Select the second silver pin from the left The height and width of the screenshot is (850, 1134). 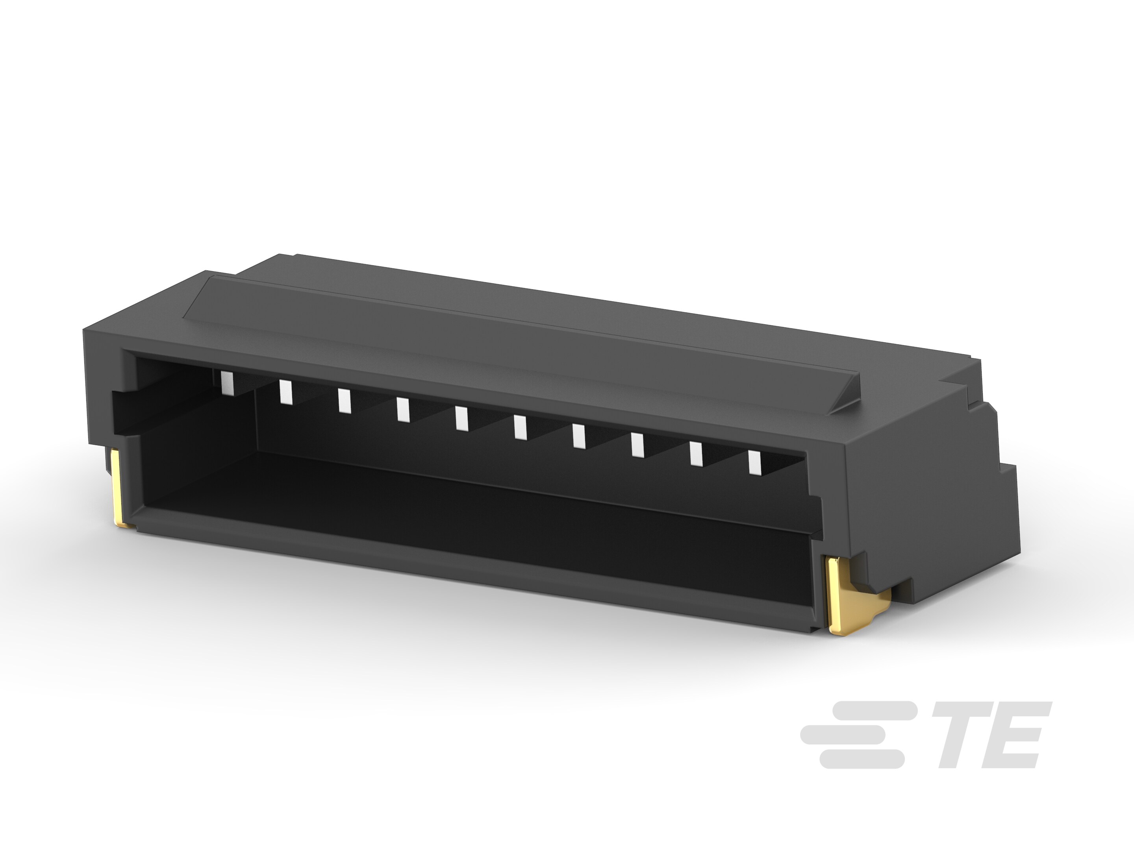coord(285,392)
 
